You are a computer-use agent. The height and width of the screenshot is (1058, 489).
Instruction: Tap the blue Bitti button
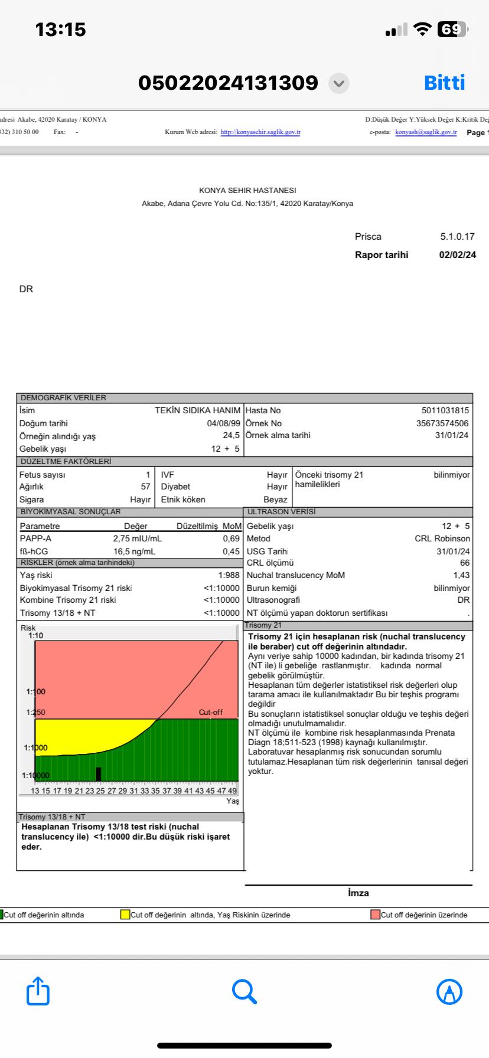(444, 83)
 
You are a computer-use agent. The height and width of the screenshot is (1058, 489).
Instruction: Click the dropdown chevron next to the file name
(338, 83)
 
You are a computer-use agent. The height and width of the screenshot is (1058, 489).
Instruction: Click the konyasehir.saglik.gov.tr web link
(260, 132)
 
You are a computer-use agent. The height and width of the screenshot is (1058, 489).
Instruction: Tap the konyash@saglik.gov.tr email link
(426, 132)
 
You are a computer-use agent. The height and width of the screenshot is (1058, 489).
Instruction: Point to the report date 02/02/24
(457, 255)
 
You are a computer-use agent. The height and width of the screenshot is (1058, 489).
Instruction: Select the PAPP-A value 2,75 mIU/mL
(137, 538)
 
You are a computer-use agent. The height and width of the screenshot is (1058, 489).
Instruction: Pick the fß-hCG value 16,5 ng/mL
(134, 551)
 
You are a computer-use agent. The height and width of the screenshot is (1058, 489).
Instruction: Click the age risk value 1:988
(229, 575)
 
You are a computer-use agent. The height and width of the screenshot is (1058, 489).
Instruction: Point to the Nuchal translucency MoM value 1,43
(461, 575)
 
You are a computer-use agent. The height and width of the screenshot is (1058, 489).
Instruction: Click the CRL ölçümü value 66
(465, 563)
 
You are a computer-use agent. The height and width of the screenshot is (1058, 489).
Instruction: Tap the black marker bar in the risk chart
(98, 773)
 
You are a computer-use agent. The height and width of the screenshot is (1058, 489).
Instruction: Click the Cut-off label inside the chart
(211, 713)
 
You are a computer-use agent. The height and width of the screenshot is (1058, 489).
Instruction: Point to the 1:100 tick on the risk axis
(35, 691)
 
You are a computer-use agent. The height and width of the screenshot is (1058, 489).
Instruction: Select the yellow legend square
(125, 915)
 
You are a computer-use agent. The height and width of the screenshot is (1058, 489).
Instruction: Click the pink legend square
(375, 915)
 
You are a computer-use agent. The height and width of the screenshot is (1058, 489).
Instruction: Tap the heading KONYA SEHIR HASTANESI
(247, 191)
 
